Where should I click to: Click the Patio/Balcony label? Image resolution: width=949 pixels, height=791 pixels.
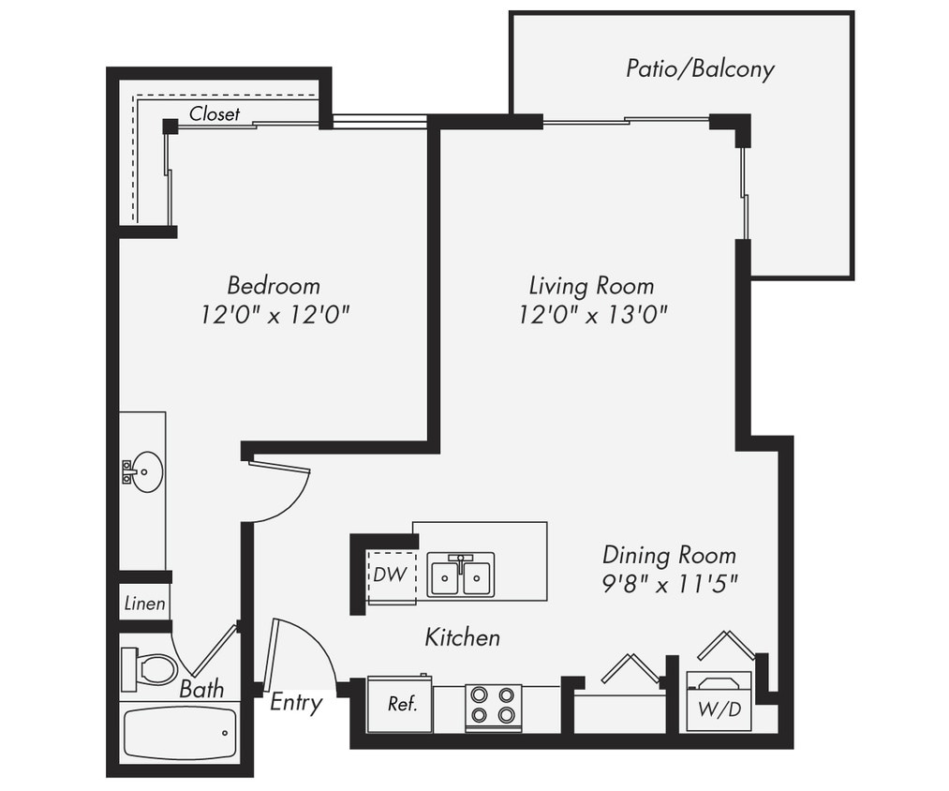coord(700,68)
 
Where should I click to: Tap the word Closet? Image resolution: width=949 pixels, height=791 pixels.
coord(215,114)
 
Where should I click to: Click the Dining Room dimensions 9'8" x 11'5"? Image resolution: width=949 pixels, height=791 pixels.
coord(670,583)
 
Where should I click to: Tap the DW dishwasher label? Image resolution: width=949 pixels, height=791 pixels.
coord(391,575)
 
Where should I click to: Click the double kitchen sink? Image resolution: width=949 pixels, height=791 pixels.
coord(460,575)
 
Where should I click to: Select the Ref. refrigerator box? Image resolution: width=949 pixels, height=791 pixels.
coord(401,704)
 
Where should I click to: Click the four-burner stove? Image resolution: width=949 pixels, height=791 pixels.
coord(494,706)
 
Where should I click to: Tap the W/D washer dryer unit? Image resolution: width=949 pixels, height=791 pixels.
coord(719,702)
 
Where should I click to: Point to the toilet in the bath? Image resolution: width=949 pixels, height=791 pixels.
coord(152,669)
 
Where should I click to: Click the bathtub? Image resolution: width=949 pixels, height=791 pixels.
coord(180,733)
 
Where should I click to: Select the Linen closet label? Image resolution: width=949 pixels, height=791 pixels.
coord(144,604)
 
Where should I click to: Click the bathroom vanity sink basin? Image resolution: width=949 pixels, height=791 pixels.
coord(146,470)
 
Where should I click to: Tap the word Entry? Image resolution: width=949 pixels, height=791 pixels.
coord(296,702)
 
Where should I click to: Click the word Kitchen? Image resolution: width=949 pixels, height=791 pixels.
coord(462,638)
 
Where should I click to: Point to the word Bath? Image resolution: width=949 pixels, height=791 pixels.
coord(202,690)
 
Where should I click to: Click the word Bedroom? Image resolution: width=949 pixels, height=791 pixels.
coord(274,285)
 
